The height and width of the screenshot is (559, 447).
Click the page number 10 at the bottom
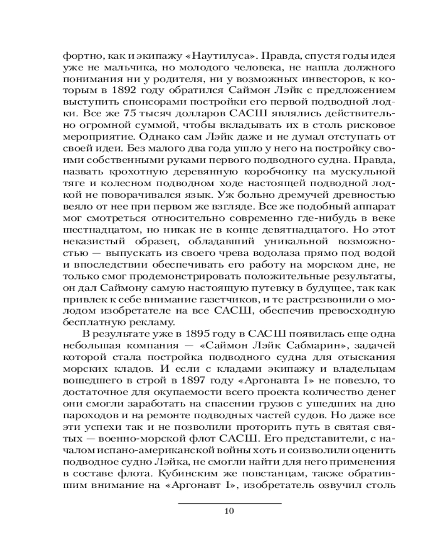229,510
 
